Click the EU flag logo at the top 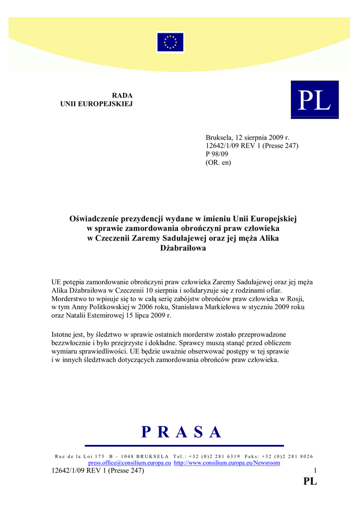(x=170, y=42)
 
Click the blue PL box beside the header (x=314, y=99)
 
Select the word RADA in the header (x=122, y=95)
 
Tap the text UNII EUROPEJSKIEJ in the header (x=96, y=104)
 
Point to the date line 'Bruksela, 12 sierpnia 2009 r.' (x=247, y=137)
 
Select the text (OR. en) (x=218, y=162)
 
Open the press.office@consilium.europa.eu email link (x=130, y=463)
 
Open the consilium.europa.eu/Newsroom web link (x=227, y=463)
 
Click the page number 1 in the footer (x=315, y=471)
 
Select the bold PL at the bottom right (x=310, y=481)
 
